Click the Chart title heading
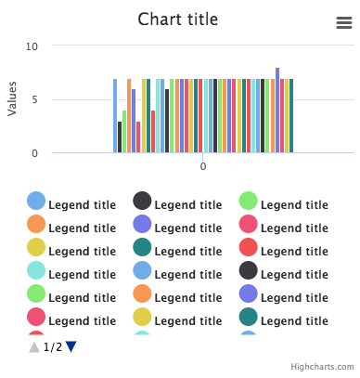tap(178, 20)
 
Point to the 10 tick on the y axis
tap(32, 46)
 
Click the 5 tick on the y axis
tap(35, 99)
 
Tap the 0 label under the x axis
tap(203, 166)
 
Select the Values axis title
tap(12, 99)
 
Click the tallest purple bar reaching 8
tap(277, 111)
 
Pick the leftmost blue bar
tap(115, 116)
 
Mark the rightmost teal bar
tap(291, 116)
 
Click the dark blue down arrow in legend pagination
tap(71, 346)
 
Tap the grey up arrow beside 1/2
tap(34, 346)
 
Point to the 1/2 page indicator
tap(53, 347)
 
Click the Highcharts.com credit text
tap(322, 368)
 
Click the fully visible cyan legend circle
tap(36, 270)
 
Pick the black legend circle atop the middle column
tap(142, 202)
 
